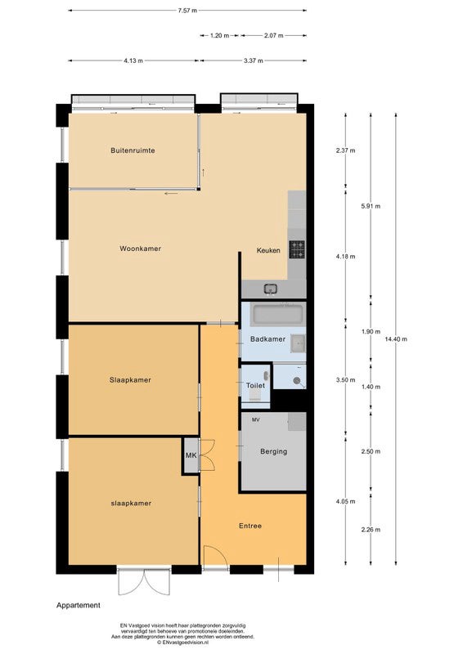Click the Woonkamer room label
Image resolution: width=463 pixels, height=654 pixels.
(140, 249)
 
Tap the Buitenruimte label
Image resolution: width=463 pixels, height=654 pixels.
(133, 150)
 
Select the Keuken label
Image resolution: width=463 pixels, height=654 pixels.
(268, 251)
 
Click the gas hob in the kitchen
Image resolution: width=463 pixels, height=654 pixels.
(297, 250)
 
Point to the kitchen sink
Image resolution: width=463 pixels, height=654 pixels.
(271, 289)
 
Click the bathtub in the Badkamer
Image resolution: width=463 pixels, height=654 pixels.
(277, 315)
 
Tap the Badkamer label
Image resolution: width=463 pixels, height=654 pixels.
(267, 339)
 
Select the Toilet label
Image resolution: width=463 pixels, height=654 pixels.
(255, 385)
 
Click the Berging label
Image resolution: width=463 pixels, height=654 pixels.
(273, 451)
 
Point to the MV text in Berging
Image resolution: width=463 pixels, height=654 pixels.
(255, 420)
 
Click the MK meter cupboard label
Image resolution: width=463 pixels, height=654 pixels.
(191, 455)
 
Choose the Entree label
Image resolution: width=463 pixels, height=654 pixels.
(250, 526)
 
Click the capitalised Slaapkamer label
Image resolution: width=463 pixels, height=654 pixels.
(130, 380)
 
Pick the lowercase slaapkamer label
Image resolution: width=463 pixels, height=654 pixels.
(131, 504)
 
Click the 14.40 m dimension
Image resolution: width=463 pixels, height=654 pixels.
(396, 339)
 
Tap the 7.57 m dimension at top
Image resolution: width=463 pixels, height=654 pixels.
(187, 11)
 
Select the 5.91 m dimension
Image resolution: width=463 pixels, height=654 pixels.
(371, 206)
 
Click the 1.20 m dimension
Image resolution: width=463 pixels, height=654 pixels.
(219, 35)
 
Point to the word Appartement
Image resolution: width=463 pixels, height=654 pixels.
(79, 605)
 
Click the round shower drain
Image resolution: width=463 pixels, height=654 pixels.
(297, 380)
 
